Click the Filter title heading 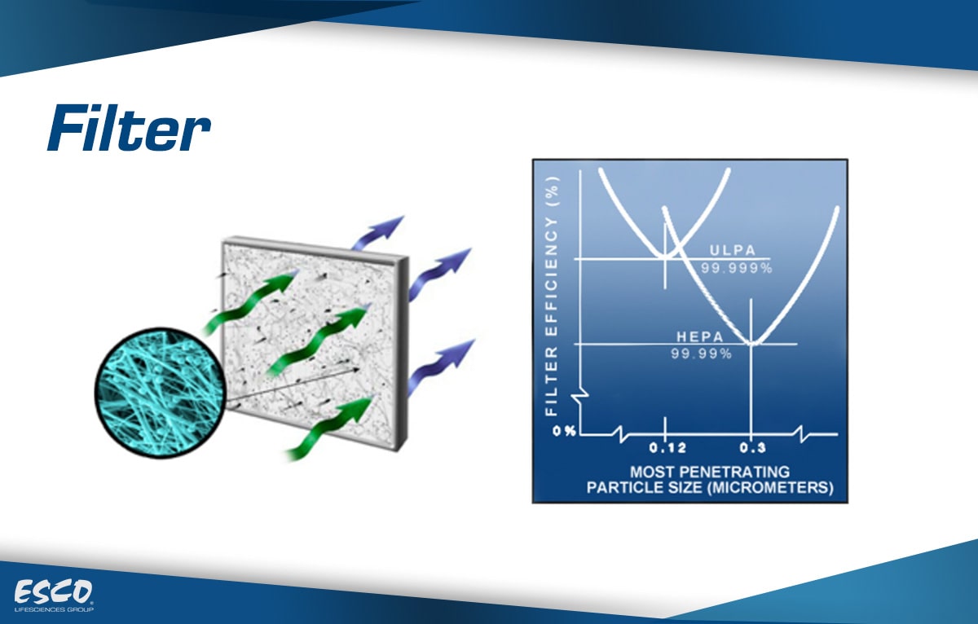click(129, 128)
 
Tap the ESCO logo click(53, 591)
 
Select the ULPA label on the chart click(733, 250)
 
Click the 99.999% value click(737, 268)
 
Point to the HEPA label click(700, 336)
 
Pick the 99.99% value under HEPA click(701, 354)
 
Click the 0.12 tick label click(667, 448)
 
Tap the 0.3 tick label click(753, 448)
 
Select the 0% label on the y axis click(564, 431)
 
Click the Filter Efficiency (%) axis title click(552, 296)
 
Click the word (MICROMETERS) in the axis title click(771, 487)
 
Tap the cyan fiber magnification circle click(161, 393)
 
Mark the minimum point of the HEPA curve click(751, 344)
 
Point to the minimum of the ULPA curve click(665, 256)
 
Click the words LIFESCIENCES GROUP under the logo click(54, 609)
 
